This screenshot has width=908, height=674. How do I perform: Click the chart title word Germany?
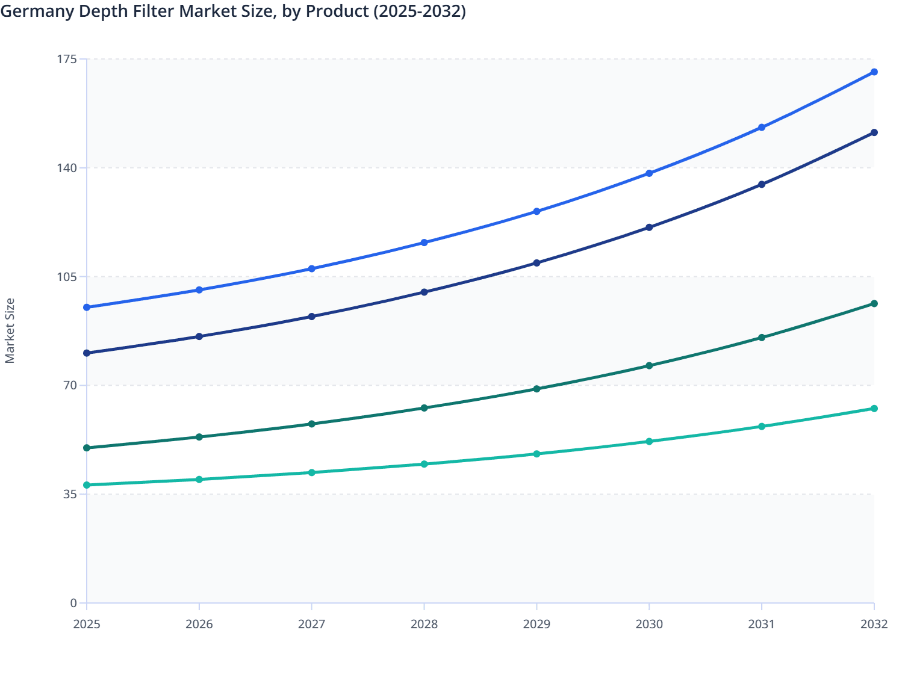point(31,11)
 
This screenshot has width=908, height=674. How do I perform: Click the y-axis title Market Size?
point(10,331)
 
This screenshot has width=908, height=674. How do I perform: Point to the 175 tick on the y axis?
point(69,59)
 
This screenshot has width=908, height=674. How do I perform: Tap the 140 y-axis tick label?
point(69,168)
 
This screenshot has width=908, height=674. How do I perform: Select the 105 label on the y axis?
point(69,277)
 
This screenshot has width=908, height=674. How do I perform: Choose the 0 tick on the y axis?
point(73,603)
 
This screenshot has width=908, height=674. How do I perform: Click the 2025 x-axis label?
point(87,624)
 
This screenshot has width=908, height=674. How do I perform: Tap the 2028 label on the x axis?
point(424,624)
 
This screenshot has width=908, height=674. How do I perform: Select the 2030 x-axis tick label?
point(649,624)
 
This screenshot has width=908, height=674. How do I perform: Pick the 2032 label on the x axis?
point(874,624)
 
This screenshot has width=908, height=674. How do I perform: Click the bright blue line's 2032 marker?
point(874,72)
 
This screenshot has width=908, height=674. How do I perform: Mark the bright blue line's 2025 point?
point(87,308)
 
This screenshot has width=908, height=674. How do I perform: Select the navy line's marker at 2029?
point(536,263)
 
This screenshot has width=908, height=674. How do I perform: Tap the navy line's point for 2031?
point(762,184)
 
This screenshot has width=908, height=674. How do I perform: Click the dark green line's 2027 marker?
point(312,424)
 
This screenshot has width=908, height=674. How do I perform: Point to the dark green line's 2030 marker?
point(649,366)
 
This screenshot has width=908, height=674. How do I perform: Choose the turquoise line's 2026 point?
point(199,480)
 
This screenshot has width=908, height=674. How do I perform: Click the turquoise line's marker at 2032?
point(874,409)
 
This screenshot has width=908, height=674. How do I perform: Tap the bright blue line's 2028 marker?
point(424,243)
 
